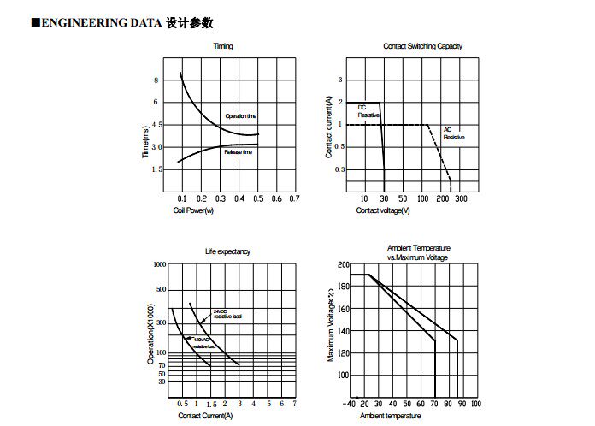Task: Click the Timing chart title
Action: (222, 46)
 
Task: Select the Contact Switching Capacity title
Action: (422, 46)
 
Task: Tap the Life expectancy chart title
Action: (227, 251)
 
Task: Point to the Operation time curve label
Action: (241, 115)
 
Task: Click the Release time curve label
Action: (239, 151)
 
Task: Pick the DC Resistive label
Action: (368, 110)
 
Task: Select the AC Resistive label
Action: (453, 133)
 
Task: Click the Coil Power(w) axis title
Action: (193, 210)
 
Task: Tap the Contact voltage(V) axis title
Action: (383, 210)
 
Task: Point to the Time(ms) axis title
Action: (147, 140)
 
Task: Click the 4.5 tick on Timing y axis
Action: (156, 125)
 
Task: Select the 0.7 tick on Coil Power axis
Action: (294, 198)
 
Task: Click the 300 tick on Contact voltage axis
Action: (461, 198)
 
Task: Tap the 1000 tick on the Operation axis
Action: (160, 265)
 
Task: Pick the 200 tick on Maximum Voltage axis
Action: (344, 265)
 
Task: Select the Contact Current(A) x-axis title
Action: (205, 416)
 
